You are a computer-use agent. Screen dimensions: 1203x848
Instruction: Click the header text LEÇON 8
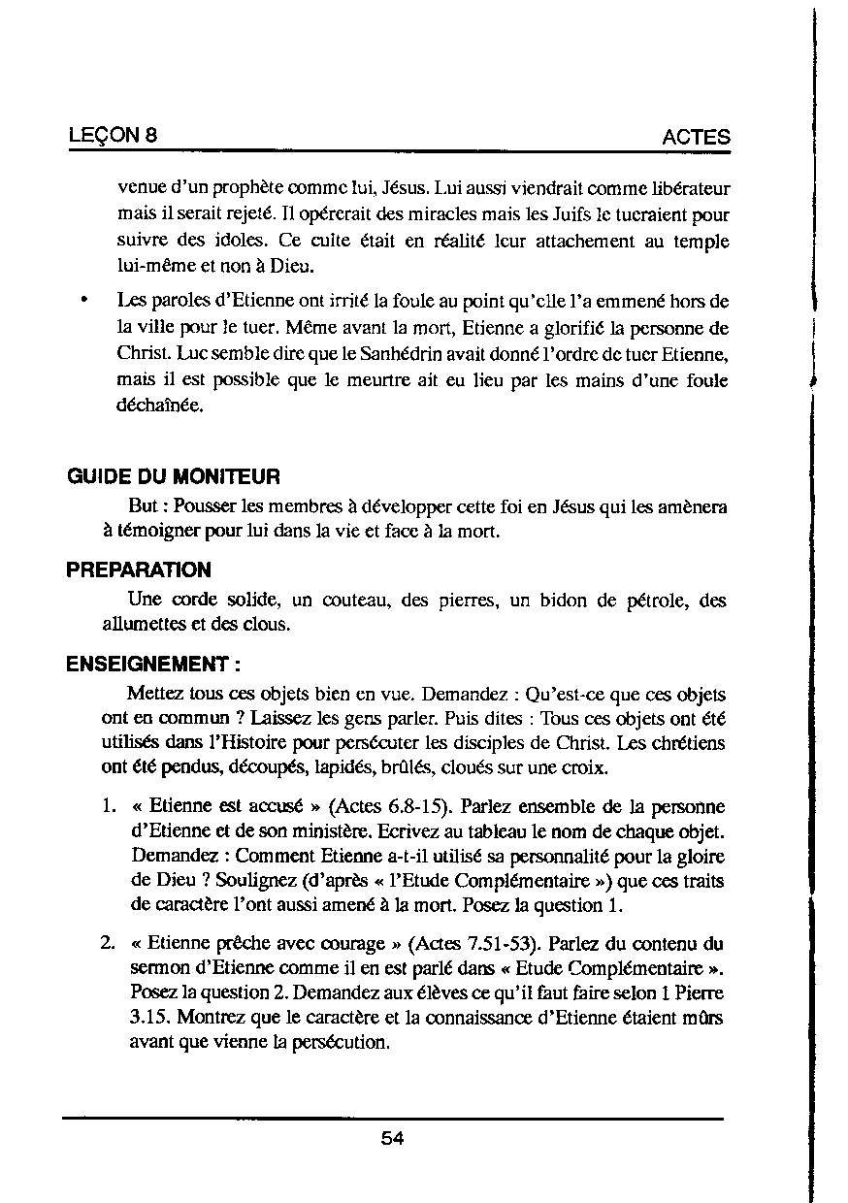tap(114, 136)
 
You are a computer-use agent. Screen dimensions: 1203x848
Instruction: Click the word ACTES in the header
tap(696, 138)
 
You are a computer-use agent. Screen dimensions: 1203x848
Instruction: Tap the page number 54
tap(392, 1139)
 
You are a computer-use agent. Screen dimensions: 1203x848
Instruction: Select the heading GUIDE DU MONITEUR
tap(174, 477)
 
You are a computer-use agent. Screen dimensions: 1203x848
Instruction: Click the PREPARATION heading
tap(139, 569)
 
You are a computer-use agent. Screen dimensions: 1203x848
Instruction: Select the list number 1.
tap(110, 807)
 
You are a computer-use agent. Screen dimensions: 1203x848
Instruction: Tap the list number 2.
tap(110, 944)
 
